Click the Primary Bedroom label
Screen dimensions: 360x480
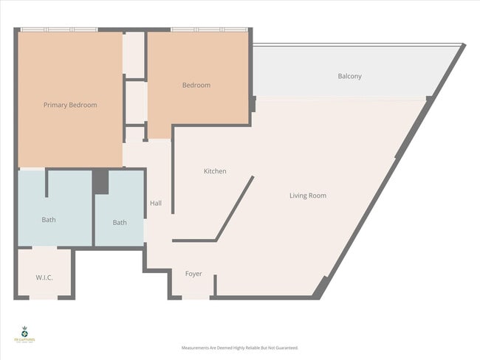70,105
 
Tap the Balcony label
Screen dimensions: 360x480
349,76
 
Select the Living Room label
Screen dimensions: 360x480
307,195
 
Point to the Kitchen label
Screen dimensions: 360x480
215,171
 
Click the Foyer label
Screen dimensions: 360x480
193,274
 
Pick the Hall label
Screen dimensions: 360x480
156,204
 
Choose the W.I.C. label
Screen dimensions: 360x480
44,277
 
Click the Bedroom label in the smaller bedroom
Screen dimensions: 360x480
196,85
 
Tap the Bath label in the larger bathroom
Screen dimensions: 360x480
49,219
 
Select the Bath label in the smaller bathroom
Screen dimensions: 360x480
120,222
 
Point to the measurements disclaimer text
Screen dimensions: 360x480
239,347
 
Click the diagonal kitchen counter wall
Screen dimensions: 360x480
235,208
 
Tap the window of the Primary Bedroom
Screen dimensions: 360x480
58,30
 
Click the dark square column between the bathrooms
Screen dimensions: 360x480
100,181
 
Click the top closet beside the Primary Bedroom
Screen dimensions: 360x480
134,54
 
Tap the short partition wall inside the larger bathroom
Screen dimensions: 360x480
47,183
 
